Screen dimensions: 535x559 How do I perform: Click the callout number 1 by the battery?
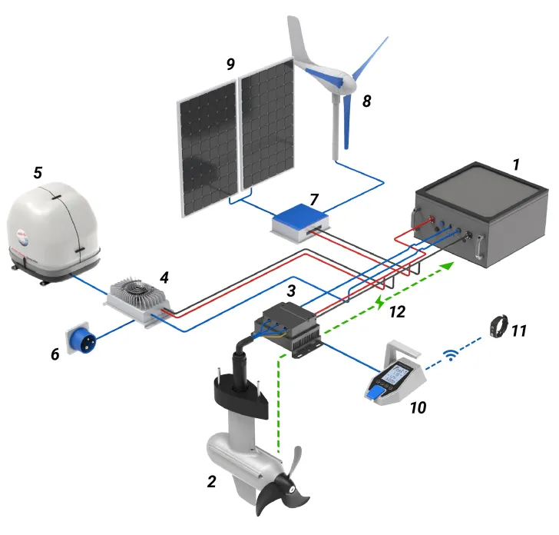tap(517, 164)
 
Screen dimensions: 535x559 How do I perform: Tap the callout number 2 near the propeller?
tap(211, 482)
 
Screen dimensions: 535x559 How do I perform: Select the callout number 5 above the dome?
tap(37, 172)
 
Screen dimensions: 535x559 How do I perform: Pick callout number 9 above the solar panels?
tap(230, 65)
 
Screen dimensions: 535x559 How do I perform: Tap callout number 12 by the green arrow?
tap(397, 313)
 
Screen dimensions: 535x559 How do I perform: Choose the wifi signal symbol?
tap(451, 355)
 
